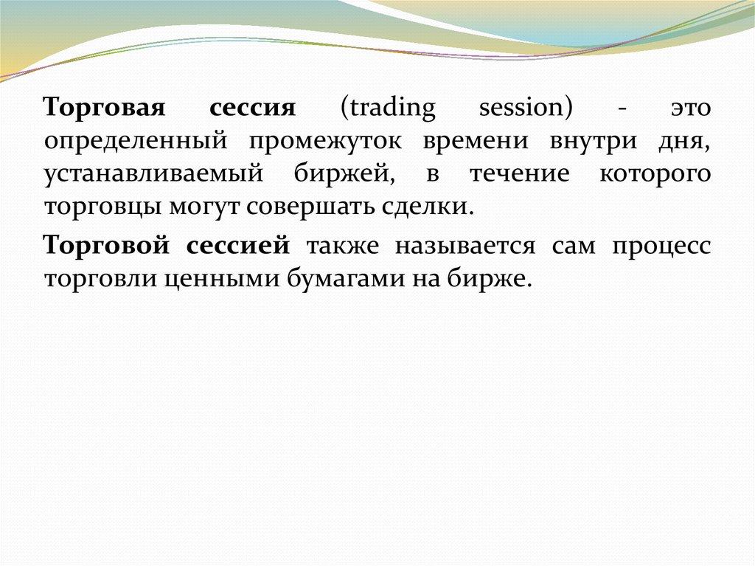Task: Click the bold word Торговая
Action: point(105,108)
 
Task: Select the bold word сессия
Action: point(252,108)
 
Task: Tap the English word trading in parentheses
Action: point(388,108)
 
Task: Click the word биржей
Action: point(344,173)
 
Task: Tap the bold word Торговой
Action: point(106,245)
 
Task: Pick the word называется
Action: point(465,246)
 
